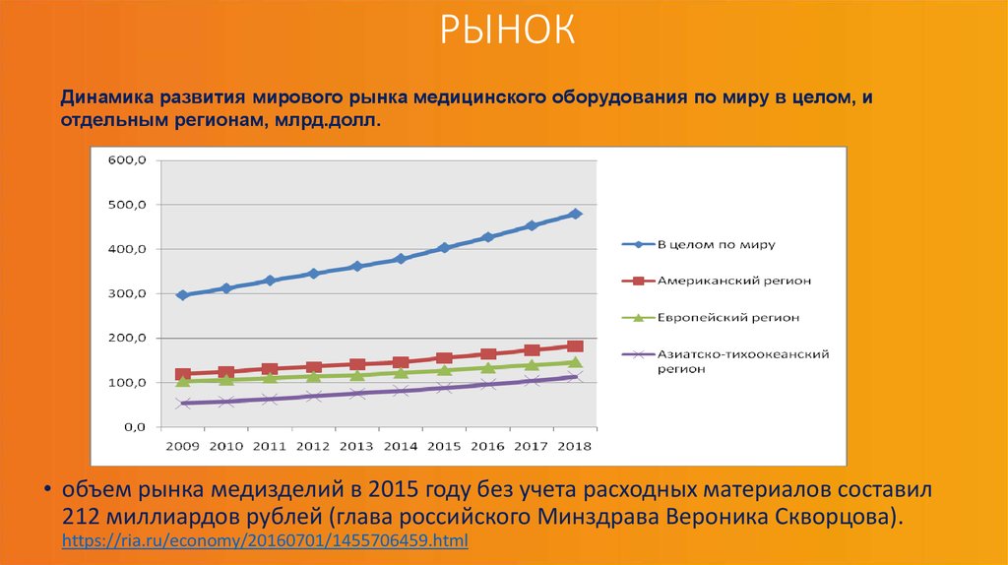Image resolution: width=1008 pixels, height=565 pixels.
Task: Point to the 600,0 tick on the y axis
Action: coord(127,159)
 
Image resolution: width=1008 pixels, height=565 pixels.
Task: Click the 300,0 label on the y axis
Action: coord(127,293)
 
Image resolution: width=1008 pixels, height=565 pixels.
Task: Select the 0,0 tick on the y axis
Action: coord(134,427)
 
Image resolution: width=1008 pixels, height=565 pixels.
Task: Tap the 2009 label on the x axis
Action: coord(182,447)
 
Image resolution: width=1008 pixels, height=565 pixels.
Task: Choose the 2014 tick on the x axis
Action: coord(401,447)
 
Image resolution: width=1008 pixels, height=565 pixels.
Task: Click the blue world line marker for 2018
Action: coord(576,214)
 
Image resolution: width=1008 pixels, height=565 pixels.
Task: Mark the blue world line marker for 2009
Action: coord(182,295)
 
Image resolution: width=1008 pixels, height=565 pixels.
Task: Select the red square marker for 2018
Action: coord(576,346)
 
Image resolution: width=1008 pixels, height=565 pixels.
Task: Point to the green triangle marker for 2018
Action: coord(576,362)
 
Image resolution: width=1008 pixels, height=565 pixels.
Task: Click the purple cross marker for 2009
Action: coord(182,403)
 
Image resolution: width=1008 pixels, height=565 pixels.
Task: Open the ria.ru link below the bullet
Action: coord(265,541)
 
